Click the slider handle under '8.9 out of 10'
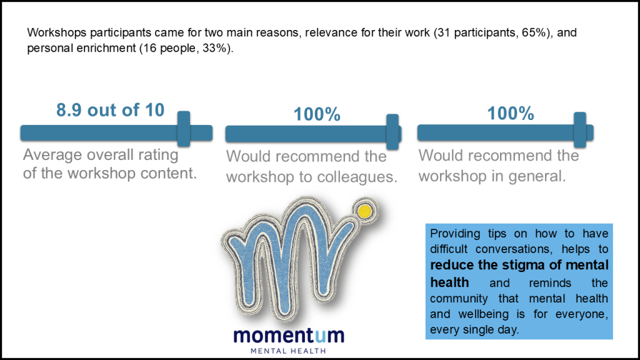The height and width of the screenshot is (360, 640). pyautogui.click(x=184, y=129)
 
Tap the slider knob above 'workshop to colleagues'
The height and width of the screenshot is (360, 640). pyautogui.click(x=392, y=132)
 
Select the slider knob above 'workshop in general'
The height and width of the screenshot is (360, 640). pyautogui.click(x=579, y=130)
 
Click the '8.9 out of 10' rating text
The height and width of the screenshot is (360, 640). pyautogui.click(x=110, y=110)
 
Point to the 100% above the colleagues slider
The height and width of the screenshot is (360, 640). pyautogui.click(x=317, y=114)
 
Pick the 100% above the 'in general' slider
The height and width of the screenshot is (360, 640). pyautogui.click(x=510, y=113)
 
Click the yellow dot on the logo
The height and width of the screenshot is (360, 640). pyautogui.click(x=364, y=211)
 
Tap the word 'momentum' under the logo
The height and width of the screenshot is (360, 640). pyautogui.click(x=289, y=336)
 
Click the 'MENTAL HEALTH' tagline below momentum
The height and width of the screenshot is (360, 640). pyautogui.click(x=288, y=351)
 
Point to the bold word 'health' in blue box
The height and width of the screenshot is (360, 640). pyautogui.click(x=449, y=282)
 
